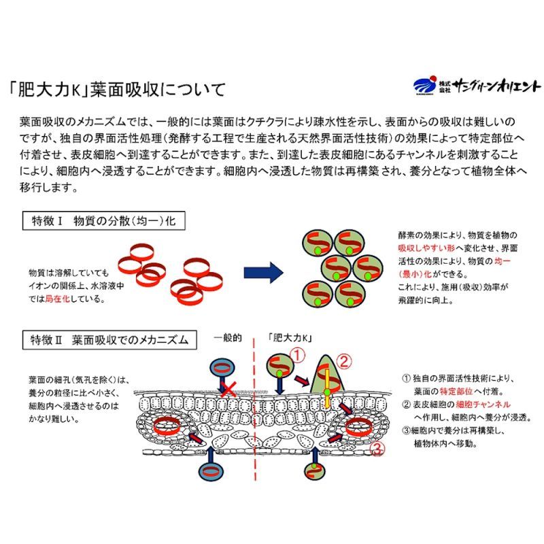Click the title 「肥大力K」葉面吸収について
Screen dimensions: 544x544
tap(118, 90)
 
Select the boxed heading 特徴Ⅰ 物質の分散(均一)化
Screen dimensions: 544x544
tap(104, 220)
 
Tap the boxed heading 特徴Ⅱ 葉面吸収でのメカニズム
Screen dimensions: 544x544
tap(109, 340)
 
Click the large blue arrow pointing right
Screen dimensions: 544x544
tap(264, 273)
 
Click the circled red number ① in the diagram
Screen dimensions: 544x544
tap(297, 355)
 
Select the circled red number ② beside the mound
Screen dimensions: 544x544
tap(344, 362)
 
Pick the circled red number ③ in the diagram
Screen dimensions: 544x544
tap(377, 449)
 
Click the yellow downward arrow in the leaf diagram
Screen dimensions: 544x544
tap(327, 388)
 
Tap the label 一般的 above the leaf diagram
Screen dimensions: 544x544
tap(228, 338)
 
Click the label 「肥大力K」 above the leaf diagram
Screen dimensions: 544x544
tap(290, 338)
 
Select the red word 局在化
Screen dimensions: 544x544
tap(58, 299)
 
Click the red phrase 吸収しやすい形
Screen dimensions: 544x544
tap(426, 248)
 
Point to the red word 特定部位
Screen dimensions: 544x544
tap(456, 392)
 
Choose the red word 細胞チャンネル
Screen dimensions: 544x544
tap(483, 405)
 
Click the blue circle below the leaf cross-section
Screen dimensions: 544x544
tap(211, 471)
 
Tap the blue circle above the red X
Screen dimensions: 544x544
tap(222, 369)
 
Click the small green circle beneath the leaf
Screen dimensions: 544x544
tap(315, 471)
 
